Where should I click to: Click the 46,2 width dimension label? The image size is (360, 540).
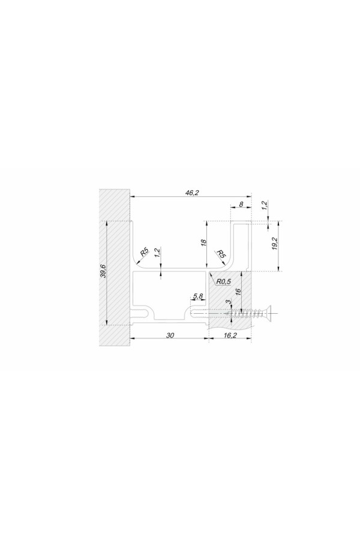192,193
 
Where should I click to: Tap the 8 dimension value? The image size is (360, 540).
241,204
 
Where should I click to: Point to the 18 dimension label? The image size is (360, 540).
203,242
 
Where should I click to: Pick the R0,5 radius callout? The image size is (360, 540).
223,281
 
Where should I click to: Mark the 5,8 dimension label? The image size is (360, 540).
198,296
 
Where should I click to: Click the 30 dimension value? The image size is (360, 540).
170,335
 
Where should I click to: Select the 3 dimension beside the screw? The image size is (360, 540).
227,302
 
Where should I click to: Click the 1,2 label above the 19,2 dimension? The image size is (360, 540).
265,206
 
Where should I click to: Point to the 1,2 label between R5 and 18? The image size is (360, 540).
157,253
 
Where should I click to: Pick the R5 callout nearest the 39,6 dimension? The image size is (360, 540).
145,252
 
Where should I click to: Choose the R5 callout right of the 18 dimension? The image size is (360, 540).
221,254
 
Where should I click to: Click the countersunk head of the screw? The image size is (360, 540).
268,313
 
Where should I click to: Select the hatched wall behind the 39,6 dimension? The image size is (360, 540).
115,267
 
